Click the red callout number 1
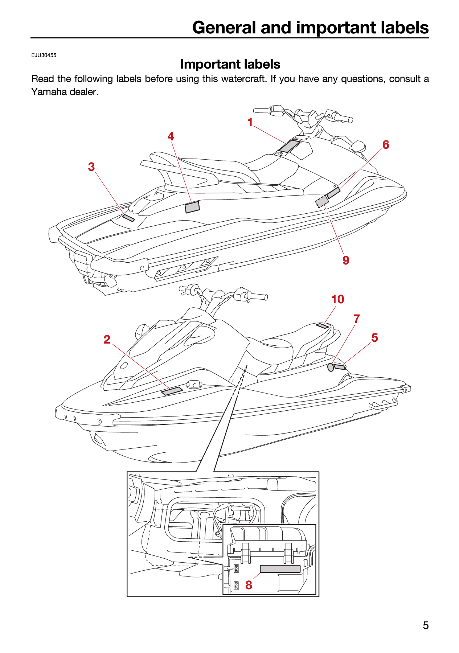click(250, 123)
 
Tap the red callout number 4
click(171, 136)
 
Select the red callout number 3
click(91, 167)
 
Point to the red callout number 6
click(386, 145)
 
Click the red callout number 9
click(346, 260)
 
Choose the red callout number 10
click(337, 299)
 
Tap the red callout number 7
click(357, 319)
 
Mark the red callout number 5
click(375, 338)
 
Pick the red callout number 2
click(107, 339)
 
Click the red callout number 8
click(249, 585)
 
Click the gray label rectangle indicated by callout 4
click(192, 207)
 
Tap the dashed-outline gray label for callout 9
click(322, 201)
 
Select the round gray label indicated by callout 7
click(331, 367)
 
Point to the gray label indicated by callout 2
click(172, 391)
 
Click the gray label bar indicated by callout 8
click(280, 569)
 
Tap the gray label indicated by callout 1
click(289, 146)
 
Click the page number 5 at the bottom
click(426, 625)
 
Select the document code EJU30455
click(44, 55)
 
